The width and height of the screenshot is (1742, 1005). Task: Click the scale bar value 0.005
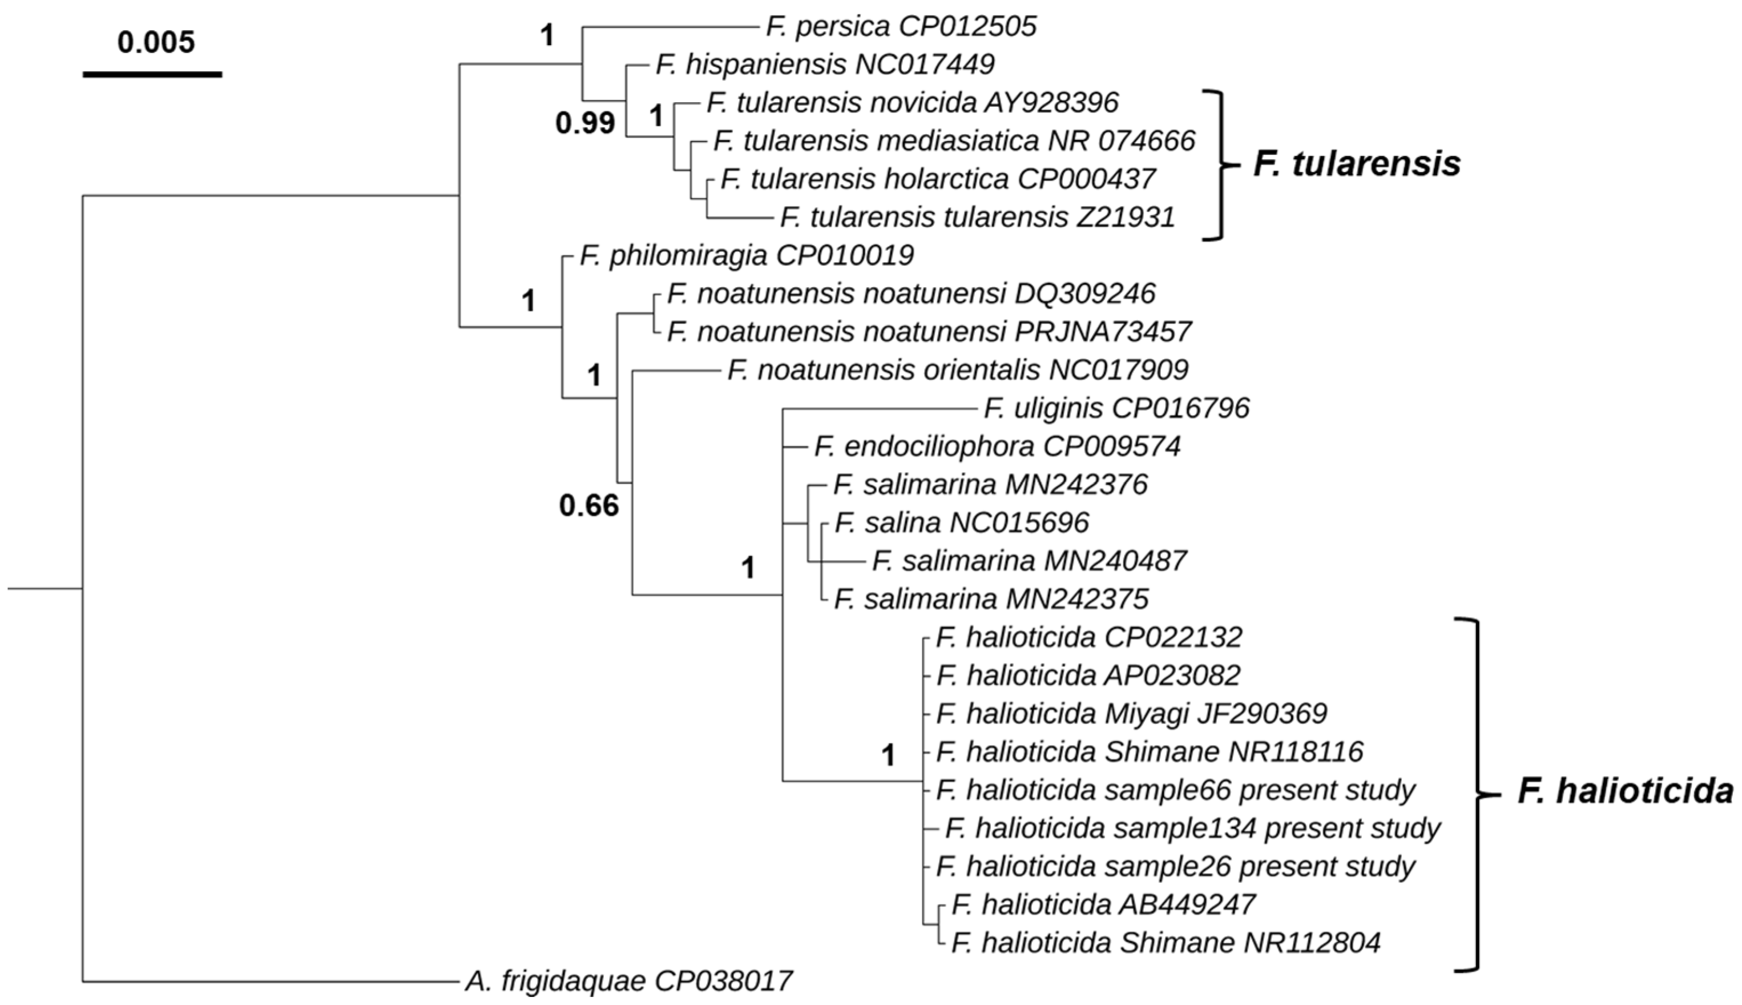tap(156, 43)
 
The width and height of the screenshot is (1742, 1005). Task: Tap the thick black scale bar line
tap(152, 73)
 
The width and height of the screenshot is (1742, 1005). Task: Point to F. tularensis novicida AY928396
tap(912, 103)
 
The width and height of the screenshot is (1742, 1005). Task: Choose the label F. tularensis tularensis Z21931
tap(978, 218)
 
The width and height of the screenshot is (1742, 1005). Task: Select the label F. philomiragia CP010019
tap(747, 255)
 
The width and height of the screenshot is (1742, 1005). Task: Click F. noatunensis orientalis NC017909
tap(958, 370)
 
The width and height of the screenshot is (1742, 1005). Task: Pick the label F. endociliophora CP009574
tap(997, 447)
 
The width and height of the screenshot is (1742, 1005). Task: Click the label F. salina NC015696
tap(962, 522)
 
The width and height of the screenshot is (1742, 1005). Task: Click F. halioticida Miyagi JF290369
tap(1131, 713)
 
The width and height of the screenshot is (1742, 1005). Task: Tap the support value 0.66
tap(589, 506)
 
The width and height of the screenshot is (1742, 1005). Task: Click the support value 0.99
tap(585, 123)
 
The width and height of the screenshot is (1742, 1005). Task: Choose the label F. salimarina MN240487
tap(1029, 561)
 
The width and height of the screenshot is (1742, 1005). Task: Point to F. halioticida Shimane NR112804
tap(1166, 942)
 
